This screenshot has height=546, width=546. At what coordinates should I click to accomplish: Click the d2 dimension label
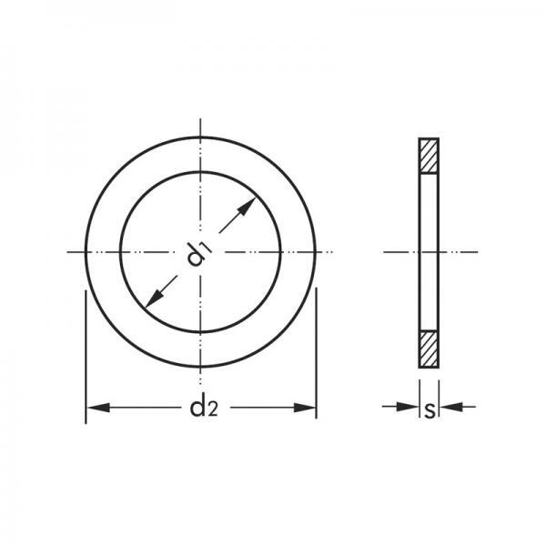(x=204, y=408)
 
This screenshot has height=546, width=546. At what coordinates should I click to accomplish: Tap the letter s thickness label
(x=430, y=410)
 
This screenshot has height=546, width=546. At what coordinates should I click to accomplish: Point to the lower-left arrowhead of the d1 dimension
(x=155, y=298)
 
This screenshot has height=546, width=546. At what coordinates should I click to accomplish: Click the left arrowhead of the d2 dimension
(x=98, y=408)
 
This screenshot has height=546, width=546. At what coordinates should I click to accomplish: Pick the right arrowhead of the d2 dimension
(x=305, y=408)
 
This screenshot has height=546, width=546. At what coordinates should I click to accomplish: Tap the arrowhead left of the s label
(x=408, y=407)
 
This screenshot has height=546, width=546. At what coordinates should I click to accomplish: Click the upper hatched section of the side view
(x=429, y=156)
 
